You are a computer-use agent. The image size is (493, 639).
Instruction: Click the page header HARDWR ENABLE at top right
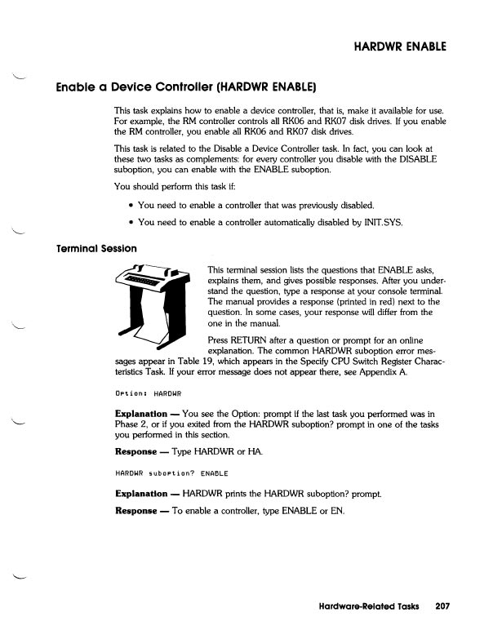click(399, 46)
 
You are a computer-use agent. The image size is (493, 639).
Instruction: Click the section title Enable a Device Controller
click(185, 86)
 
